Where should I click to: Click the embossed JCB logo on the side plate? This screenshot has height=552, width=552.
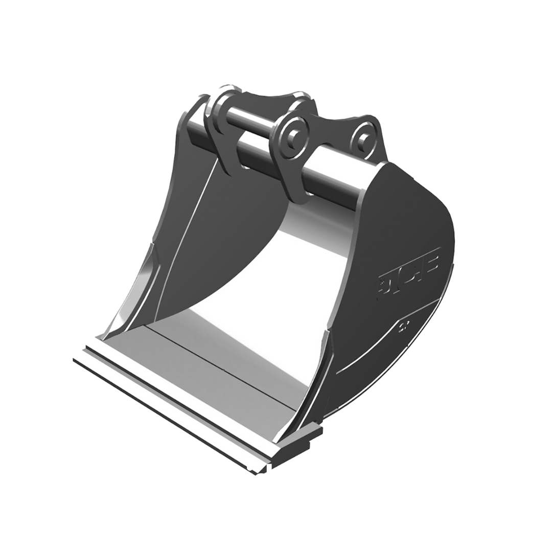pyautogui.click(x=408, y=271)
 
